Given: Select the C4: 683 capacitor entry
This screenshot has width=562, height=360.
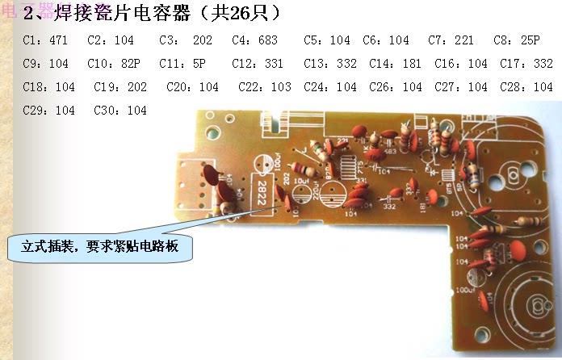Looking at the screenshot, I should point(253,40).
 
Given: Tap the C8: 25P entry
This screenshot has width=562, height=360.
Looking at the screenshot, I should point(516,40).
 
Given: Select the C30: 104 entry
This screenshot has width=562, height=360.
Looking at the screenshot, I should point(120,111).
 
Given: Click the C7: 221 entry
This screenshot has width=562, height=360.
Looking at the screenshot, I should point(451,40).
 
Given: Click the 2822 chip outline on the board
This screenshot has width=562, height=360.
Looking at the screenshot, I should point(263,190).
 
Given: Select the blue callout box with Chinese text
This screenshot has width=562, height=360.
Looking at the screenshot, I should point(101,247).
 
